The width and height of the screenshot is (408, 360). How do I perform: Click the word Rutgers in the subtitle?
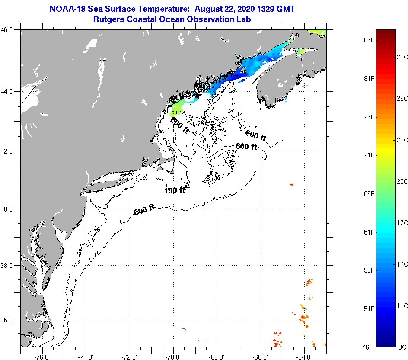pos(108,19)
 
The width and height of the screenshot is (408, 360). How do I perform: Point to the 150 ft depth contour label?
pos(175,190)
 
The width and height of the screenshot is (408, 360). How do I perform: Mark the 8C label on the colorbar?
pos(402,347)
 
